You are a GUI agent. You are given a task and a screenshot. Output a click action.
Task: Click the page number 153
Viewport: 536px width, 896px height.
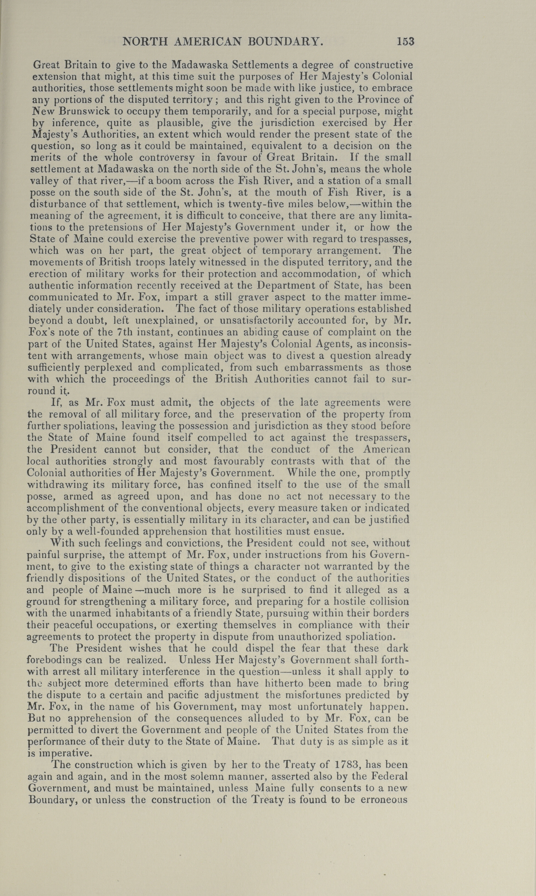tap(405, 42)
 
